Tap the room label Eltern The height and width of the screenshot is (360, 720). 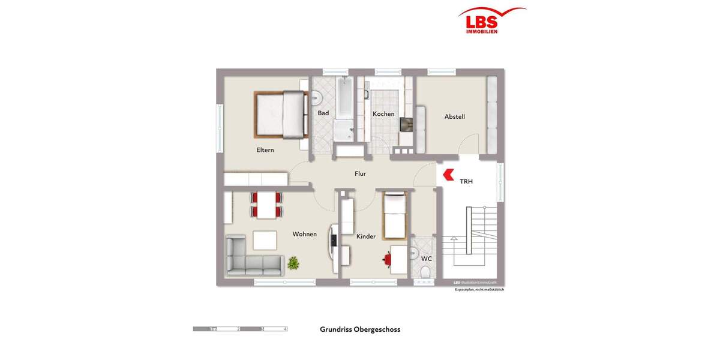265,150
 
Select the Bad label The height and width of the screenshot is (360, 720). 323,113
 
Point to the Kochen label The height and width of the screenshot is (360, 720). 383,114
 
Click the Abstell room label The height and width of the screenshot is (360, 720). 454,117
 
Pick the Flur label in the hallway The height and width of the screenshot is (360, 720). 360,174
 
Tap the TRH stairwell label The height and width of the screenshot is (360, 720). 466,181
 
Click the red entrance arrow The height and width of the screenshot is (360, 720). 447,175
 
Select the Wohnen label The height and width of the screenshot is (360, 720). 305,234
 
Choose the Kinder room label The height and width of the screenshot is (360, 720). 366,236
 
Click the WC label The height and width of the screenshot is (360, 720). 427,259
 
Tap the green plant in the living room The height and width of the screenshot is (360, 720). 293,262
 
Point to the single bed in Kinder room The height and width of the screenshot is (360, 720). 395,215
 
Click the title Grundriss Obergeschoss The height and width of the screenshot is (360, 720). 360,329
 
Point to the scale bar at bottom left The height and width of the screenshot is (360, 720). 240,329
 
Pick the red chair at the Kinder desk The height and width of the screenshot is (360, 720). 387,260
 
